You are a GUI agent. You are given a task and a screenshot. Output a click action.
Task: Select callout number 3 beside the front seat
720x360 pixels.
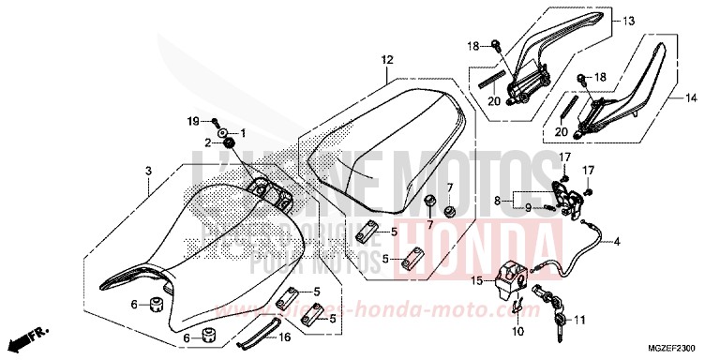(x=147, y=171)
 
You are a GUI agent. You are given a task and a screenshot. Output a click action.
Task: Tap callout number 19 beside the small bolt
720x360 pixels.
(x=191, y=122)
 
